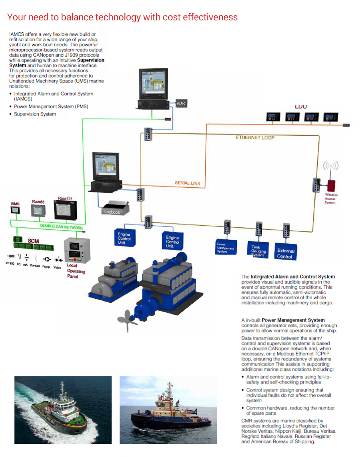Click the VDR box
181,103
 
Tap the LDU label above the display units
300,107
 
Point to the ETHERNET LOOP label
255,137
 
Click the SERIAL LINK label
187,183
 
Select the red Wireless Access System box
331,186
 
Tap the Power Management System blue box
226,247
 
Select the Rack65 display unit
39,211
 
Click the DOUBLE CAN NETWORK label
61,227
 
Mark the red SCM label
33,241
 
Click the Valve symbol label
58,267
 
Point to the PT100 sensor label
10,264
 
